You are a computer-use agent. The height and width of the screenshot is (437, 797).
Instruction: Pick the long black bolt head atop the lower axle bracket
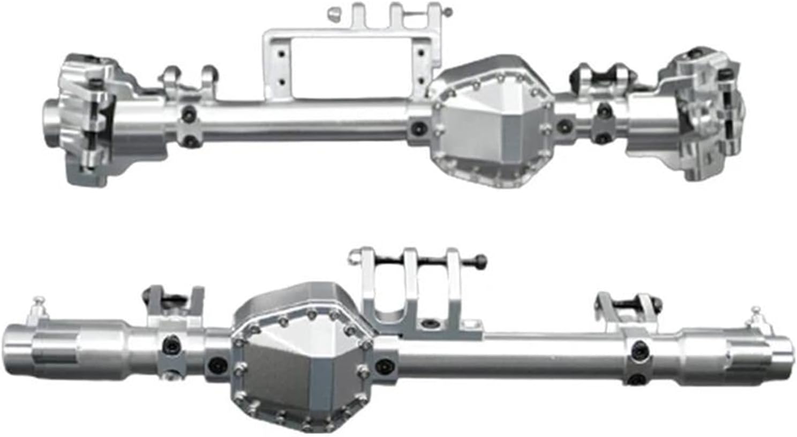[x=480, y=261]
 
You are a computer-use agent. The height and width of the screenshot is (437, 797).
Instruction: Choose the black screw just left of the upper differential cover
[x=418, y=128]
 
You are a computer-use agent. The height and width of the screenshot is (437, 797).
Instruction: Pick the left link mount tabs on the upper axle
[x=187, y=80]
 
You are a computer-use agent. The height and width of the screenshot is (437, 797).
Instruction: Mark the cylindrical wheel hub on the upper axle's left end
[x=56, y=123]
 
